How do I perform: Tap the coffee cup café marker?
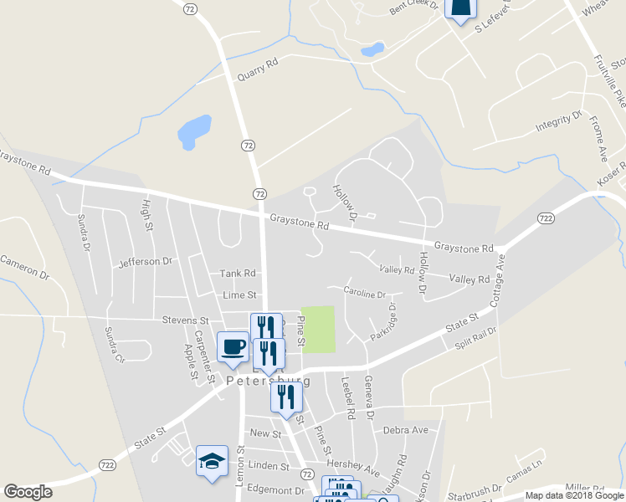(233, 346)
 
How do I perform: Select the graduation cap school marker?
(212, 459)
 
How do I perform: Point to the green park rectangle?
(318, 329)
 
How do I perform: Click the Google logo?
(28, 492)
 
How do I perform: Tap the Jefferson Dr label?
(145, 262)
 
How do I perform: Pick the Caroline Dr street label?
(364, 294)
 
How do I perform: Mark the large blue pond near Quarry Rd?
(194, 130)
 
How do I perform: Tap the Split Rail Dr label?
(475, 337)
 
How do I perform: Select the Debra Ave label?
(405, 430)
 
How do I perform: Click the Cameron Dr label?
(25, 266)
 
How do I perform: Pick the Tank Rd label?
(237, 274)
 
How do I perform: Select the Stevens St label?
(186, 320)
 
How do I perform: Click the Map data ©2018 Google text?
(573, 495)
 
